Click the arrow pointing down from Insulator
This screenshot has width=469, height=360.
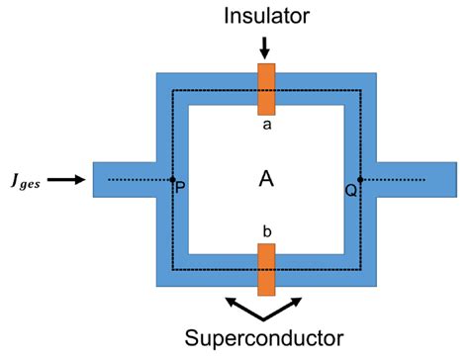264,46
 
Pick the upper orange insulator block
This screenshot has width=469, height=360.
264,89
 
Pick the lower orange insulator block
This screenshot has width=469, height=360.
264,269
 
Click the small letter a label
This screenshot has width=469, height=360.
264,125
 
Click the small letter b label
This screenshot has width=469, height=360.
264,230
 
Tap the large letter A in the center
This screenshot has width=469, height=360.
264,179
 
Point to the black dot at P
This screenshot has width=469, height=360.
172,180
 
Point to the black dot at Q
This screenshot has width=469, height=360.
360,180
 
